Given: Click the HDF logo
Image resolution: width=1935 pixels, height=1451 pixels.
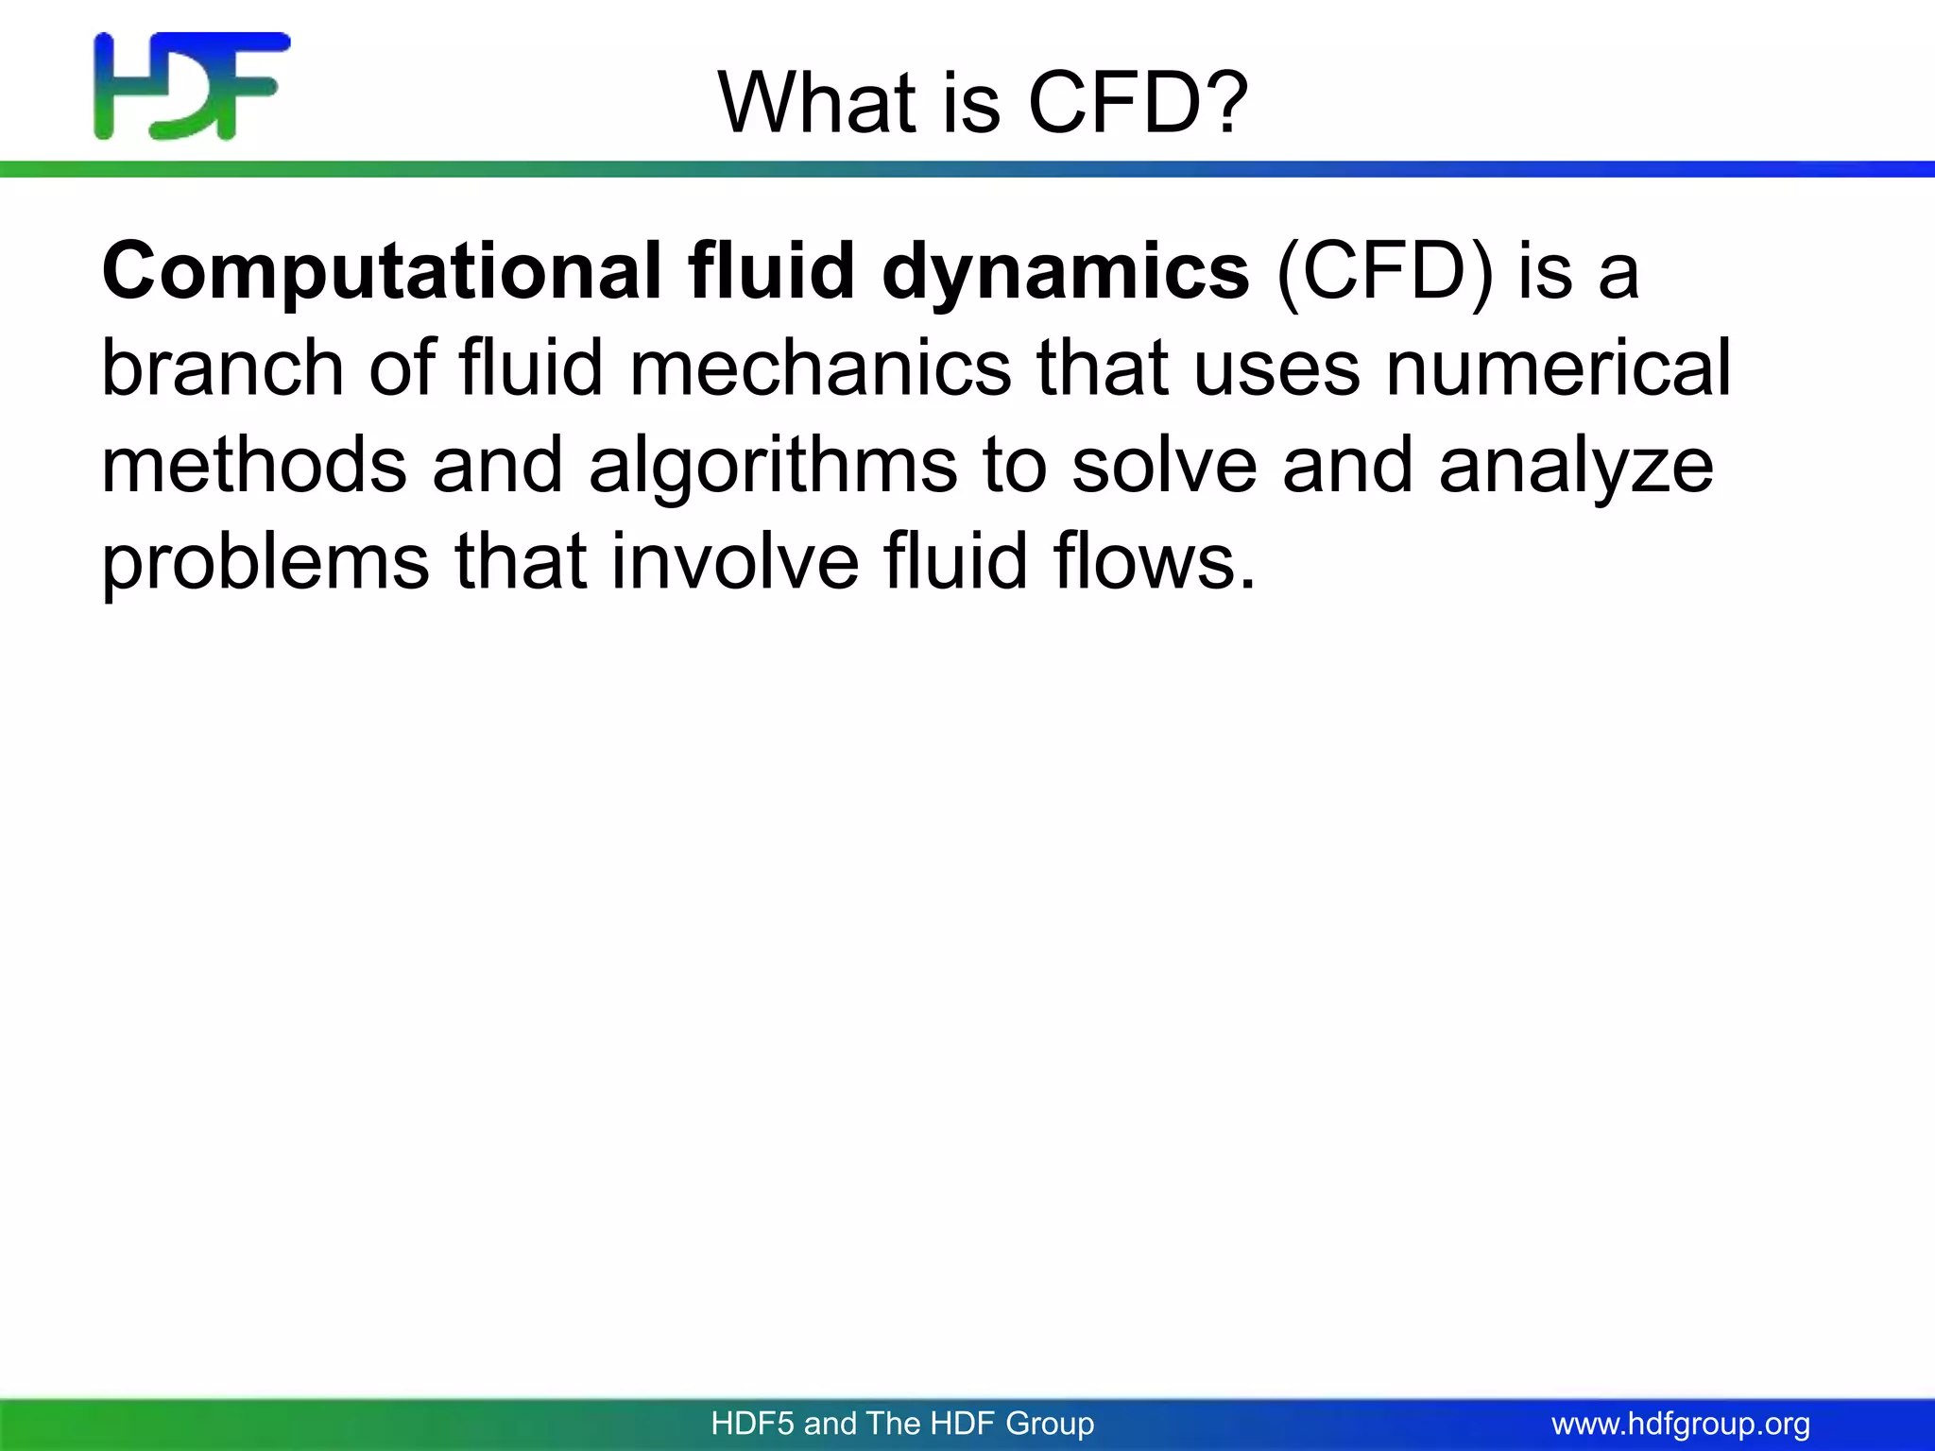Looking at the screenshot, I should (x=192, y=86).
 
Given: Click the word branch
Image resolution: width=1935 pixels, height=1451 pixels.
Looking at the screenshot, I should (x=223, y=368).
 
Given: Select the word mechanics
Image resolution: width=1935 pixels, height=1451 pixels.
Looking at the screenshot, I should (x=820, y=368).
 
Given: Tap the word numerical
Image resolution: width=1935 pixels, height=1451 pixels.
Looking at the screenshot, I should (x=1558, y=368).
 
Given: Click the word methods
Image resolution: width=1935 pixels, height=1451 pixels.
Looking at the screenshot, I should (x=253, y=466).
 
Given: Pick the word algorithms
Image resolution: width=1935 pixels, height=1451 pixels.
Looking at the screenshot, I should (x=772, y=468).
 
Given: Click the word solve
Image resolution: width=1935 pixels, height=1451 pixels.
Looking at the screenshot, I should (x=1164, y=466).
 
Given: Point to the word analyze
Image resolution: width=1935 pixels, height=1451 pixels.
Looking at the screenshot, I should (x=1575, y=468).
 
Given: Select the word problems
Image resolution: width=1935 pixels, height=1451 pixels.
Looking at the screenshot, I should (x=265, y=563).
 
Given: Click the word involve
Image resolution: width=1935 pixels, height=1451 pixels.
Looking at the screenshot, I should (x=735, y=561).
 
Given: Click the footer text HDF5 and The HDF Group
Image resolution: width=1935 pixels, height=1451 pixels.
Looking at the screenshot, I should (x=902, y=1424).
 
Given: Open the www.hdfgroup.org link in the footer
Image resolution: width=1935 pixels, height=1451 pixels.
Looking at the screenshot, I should (x=1681, y=1424).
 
